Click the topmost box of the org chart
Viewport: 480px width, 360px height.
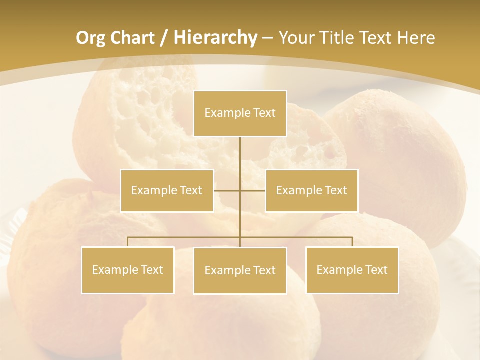point(240,113)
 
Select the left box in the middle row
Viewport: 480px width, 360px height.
point(167,190)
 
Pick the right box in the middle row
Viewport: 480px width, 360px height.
point(311,190)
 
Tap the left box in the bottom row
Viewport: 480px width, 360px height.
point(128,270)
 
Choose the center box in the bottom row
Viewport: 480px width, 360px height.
point(240,270)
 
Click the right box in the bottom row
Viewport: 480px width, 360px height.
point(352,270)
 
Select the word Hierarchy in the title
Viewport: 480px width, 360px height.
point(215,38)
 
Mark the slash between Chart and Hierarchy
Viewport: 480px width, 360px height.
point(164,38)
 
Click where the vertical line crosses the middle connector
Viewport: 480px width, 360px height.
point(240,190)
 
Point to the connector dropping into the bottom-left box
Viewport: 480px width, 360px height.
point(128,242)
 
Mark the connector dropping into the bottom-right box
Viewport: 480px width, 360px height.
point(352,242)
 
